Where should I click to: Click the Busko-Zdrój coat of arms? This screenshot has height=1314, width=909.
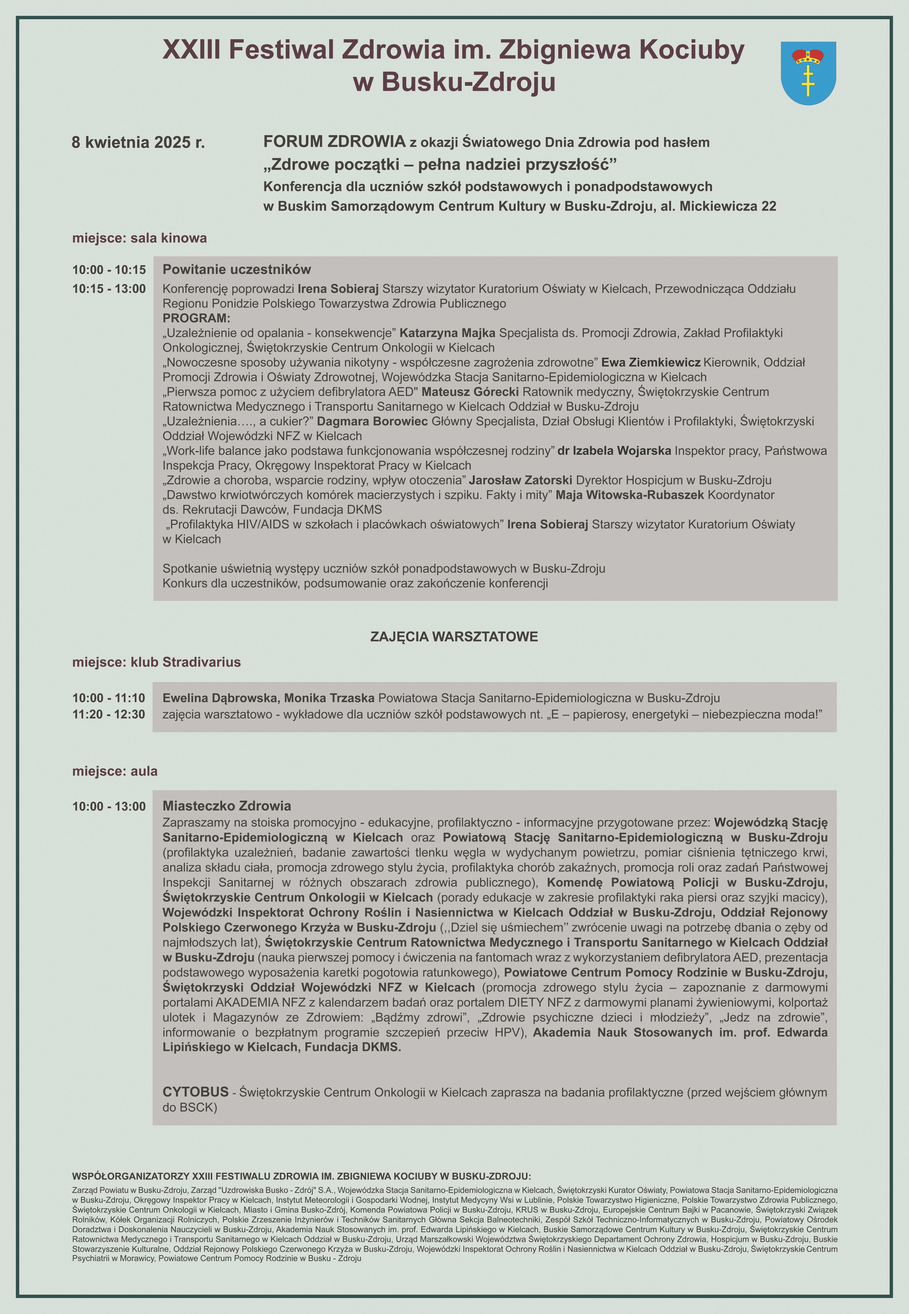808,73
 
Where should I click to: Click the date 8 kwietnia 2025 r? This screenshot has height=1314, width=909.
138,142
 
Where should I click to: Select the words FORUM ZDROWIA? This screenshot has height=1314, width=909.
334,141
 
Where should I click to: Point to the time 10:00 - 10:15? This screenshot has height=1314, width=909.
109,270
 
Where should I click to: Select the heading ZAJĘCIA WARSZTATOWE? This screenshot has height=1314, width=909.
454,637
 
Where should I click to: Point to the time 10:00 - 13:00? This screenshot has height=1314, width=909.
109,806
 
